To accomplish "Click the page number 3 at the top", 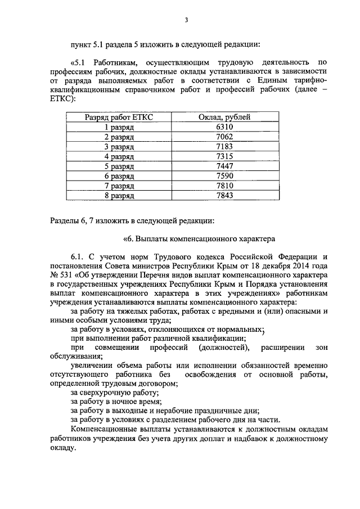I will pyautogui.click(x=186, y=20).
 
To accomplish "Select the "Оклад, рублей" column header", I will pyautogui.click(x=226, y=117).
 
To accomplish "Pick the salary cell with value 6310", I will pyautogui.click(x=225, y=127).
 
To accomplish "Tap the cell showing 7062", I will pyautogui.click(x=225, y=137).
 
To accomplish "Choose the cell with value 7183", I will pyautogui.click(x=225, y=146).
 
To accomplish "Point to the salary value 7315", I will pyautogui.click(x=225, y=156).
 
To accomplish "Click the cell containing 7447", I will pyautogui.click(x=225, y=166).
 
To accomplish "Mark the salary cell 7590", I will pyautogui.click(x=225, y=176).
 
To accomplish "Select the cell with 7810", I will pyautogui.click(x=225, y=186).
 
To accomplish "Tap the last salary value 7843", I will pyautogui.click(x=225, y=196).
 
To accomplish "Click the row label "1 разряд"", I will pyautogui.click(x=119, y=127).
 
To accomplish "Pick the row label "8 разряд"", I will pyautogui.click(x=119, y=196).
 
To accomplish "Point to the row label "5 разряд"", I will pyautogui.click(x=119, y=166).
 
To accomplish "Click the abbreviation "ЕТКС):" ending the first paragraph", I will pyautogui.click(x=62, y=98).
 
